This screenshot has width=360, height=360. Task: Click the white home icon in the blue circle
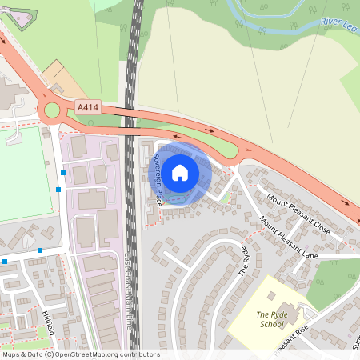(x=180, y=173)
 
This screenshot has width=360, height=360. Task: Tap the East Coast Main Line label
(x=128, y=293)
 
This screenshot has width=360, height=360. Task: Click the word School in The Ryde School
(x=272, y=325)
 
